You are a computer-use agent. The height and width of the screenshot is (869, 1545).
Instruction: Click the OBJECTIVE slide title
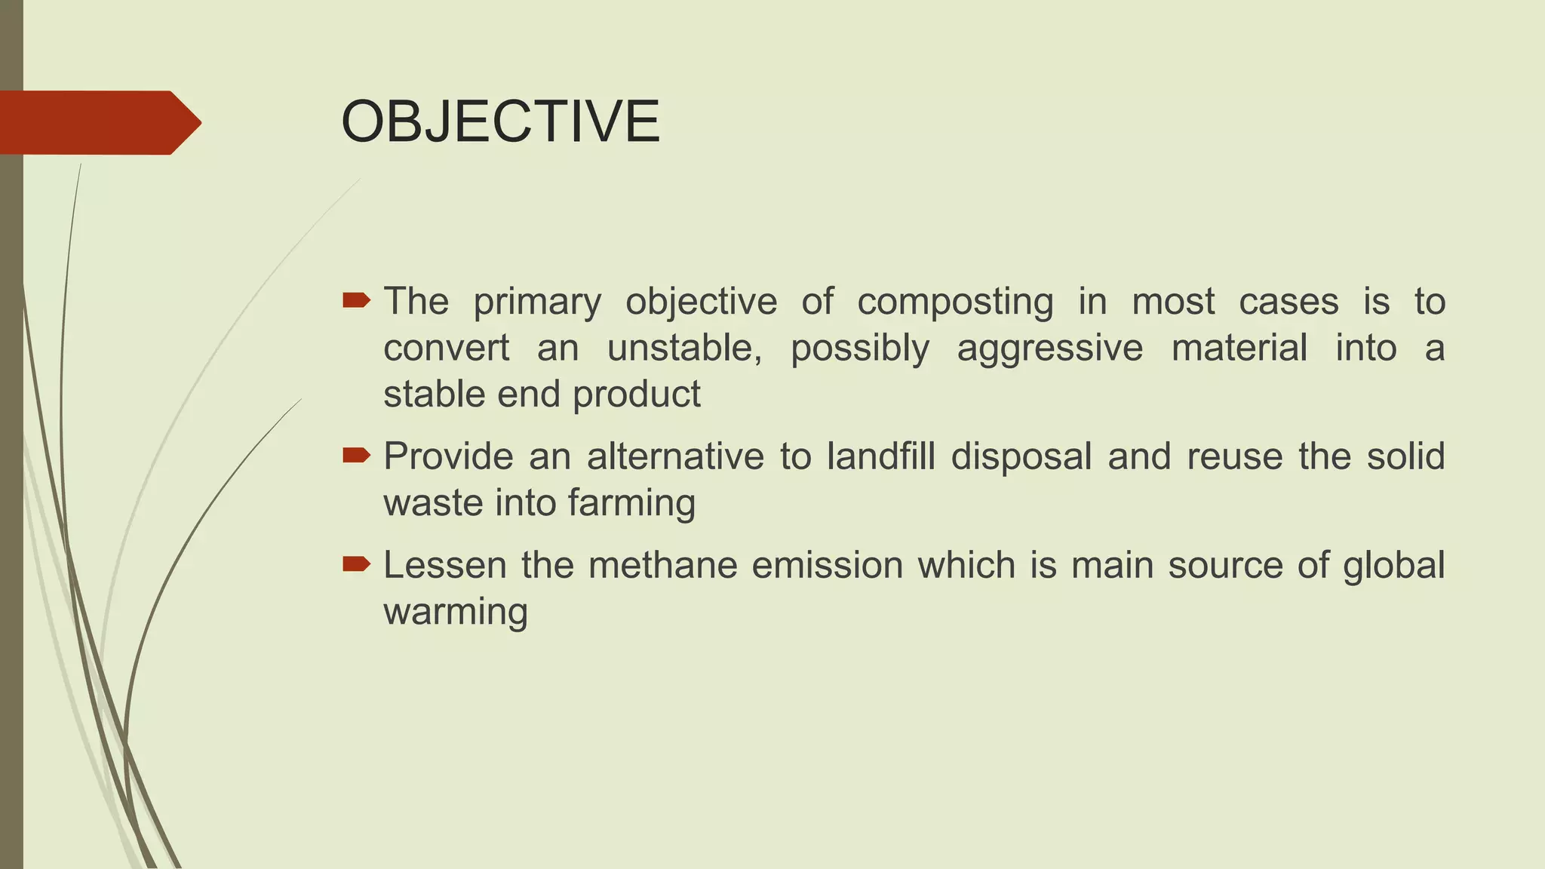click(x=500, y=122)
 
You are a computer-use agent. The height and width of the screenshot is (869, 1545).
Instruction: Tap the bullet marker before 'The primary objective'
click(x=356, y=302)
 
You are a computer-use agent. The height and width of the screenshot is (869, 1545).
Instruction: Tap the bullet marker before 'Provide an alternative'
click(x=356, y=455)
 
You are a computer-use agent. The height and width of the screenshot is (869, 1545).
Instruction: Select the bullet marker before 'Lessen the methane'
click(x=356, y=563)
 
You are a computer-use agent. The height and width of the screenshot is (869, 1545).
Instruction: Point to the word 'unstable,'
click(x=684, y=349)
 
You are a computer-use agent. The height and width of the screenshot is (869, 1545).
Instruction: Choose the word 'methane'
click(x=662, y=565)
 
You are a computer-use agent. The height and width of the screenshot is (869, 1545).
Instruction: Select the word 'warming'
click(x=456, y=613)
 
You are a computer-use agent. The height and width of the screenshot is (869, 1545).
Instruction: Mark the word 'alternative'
click(x=675, y=456)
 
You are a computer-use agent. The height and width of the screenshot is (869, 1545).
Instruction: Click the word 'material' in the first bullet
click(x=1239, y=349)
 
